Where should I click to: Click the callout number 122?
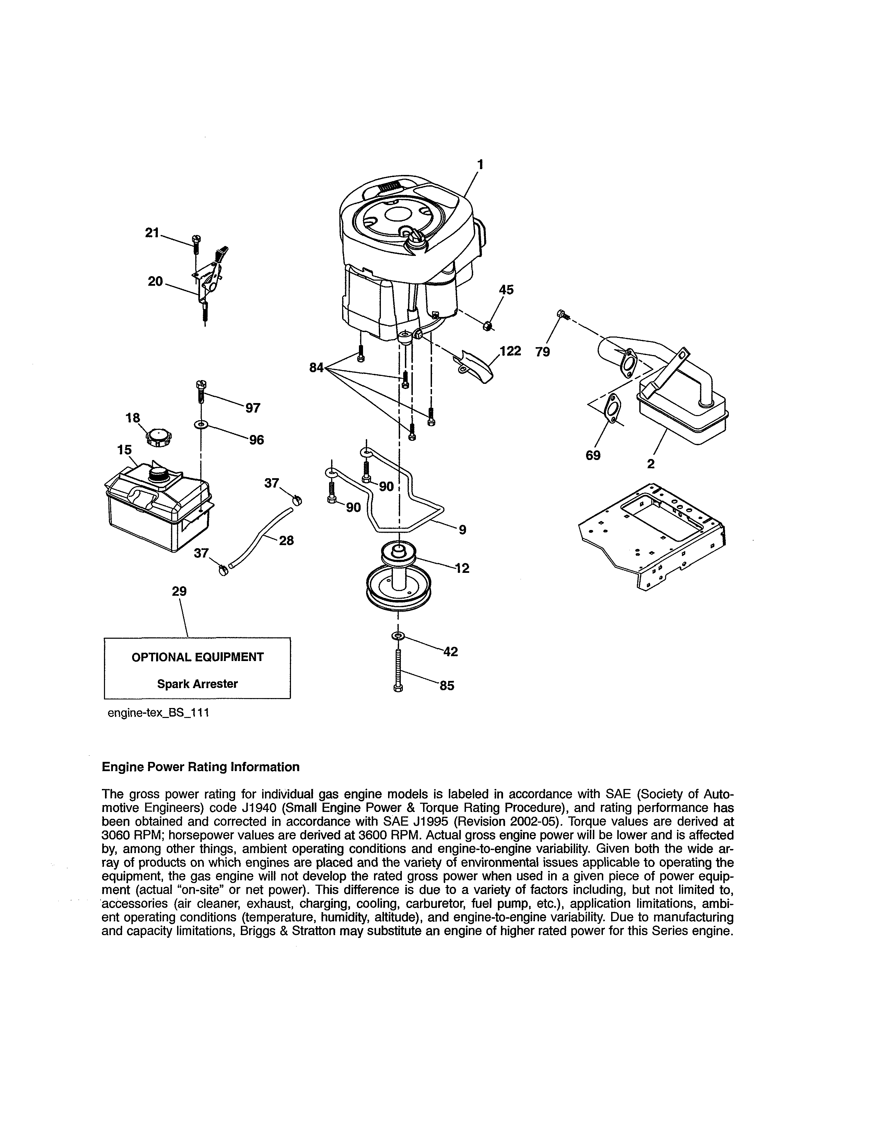pos(510,351)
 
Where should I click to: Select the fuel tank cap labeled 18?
pos(159,438)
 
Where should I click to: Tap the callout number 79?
pos(543,352)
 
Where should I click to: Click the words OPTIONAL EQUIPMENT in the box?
pos(198,657)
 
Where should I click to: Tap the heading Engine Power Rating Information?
pos(201,767)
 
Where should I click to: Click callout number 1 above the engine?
pos(480,164)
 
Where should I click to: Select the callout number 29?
pos(179,591)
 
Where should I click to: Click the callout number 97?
pos(253,408)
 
